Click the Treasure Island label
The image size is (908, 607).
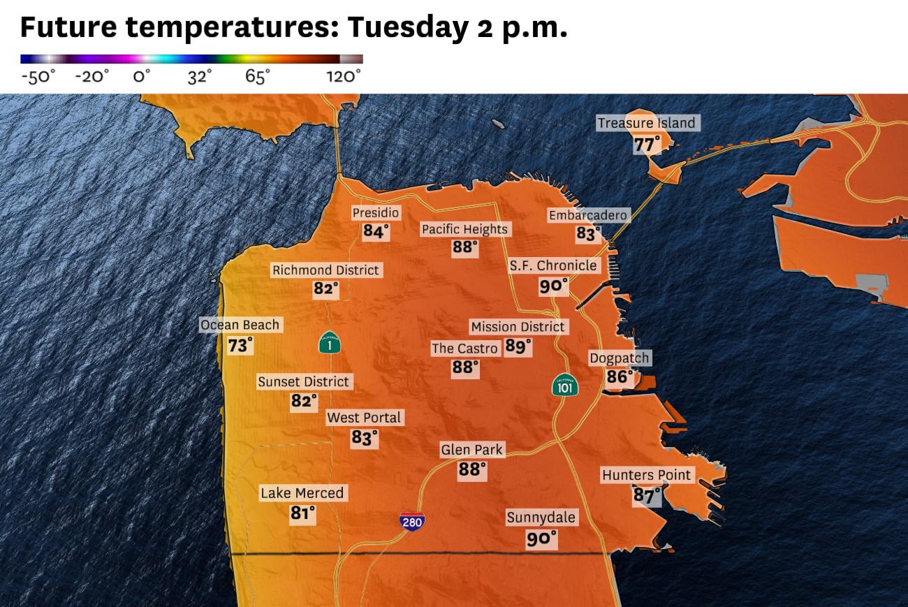tap(646, 123)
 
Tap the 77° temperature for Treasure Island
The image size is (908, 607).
tap(647, 145)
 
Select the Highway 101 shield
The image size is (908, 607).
tap(564, 385)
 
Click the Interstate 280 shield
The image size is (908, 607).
tap(412, 521)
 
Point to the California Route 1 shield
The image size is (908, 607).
tap(330, 342)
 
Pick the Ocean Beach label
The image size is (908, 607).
tap(240, 325)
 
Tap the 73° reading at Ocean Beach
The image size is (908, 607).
tap(240, 345)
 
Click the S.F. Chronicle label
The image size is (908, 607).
tap(553, 265)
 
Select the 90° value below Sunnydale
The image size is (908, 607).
tap(541, 539)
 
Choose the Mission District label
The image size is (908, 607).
tap(518, 326)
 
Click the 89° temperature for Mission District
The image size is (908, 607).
tap(518, 346)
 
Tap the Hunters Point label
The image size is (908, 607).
tap(646, 475)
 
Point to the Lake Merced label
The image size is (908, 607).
tap(302, 493)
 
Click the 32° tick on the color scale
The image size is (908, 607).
tap(200, 76)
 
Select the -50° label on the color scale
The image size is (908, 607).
tap(38, 76)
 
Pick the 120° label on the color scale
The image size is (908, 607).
tap(344, 76)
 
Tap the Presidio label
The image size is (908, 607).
tap(376, 212)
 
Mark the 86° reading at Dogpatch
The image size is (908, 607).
tap(620, 378)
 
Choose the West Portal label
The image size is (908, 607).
tap(364, 418)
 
